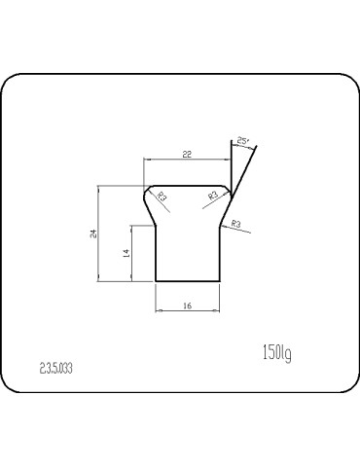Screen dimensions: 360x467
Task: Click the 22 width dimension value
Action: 187,154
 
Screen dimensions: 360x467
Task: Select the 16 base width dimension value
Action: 188,305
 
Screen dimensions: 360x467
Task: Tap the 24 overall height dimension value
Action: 93,233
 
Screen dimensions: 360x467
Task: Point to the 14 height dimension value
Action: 126,253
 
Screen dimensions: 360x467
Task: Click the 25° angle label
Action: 243,141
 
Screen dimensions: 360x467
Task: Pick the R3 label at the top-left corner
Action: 162,197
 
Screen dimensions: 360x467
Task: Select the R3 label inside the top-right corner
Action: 213,196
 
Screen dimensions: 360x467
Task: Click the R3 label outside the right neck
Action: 236,224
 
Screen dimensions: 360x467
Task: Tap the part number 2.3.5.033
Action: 55,368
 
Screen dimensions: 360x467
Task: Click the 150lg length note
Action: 276,353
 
